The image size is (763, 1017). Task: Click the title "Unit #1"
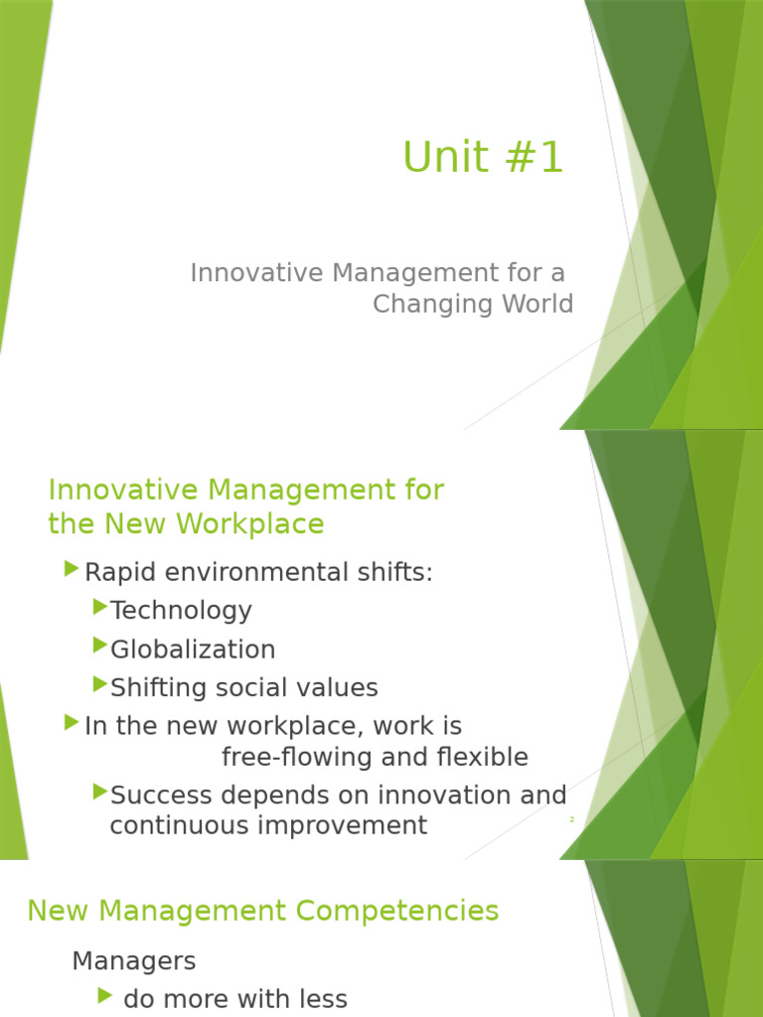coord(483,158)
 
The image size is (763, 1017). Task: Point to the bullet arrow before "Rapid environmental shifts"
coord(71,569)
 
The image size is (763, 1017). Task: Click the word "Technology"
coord(181,611)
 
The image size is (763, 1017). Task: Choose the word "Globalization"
coord(193,650)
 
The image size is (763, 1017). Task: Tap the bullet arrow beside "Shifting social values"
coord(99,683)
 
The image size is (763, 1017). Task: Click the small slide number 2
coord(572,819)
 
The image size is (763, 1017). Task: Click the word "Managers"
coord(134,961)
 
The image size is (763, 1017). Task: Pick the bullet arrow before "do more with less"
coord(106,995)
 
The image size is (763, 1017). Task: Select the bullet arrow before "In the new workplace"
coord(71,722)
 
